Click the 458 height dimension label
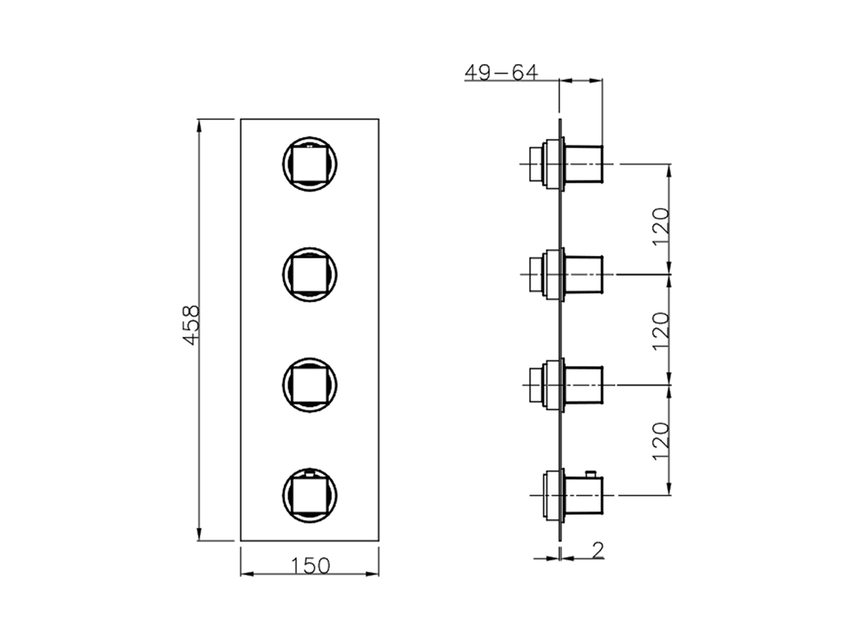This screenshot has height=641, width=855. (x=192, y=325)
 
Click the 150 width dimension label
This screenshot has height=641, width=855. (x=311, y=566)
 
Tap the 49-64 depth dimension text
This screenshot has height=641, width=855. (x=501, y=72)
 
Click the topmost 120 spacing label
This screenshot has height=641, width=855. (x=661, y=226)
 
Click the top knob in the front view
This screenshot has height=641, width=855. (x=310, y=164)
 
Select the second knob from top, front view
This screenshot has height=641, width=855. (x=310, y=274)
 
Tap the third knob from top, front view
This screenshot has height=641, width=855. (x=310, y=385)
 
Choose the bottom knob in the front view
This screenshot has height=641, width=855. (x=310, y=495)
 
